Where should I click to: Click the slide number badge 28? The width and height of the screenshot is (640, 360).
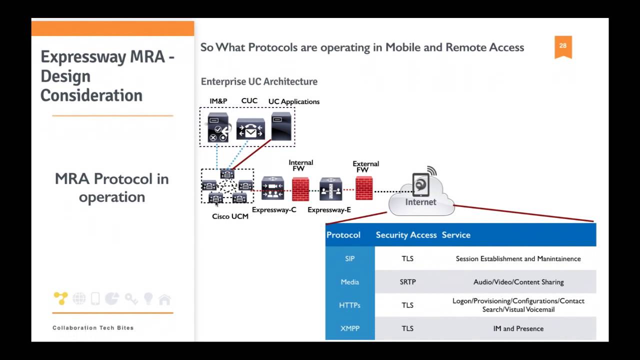click(x=563, y=46)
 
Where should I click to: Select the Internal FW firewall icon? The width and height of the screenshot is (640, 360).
click(x=300, y=189)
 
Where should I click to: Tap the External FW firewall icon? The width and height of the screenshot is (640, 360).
click(x=364, y=188)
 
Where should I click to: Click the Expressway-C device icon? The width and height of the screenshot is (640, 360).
click(x=272, y=188)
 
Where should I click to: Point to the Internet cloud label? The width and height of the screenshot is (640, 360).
click(x=420, y=202)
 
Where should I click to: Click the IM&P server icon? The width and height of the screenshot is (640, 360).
click(x=218, y=128)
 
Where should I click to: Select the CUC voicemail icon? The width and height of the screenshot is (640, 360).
click(x=250, y=129)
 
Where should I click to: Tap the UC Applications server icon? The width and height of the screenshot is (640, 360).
click(x=281, y=126)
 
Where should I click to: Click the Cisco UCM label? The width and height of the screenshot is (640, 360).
click(x=230, y=216)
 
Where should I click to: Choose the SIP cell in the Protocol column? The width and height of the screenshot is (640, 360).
click(x=349, y=258)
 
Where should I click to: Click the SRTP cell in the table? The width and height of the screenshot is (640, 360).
click(x=407, y=282)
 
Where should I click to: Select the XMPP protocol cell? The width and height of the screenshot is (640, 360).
click(x=349, y=328)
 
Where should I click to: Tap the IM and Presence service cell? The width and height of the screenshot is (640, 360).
click(x=518, y=328)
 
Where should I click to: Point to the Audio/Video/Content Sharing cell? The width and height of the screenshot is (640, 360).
click(x=518, y=282)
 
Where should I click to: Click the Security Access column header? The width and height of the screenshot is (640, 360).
click(x=406, y=235)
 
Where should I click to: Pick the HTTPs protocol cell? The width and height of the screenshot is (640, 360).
click(x=349, y=305)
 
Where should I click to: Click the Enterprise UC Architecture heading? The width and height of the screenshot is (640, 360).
click(x=259, y=81)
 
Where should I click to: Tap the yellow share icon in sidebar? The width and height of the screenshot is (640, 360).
click(x=60, y=298)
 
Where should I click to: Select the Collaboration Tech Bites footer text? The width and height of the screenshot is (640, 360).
click(x=93, y=328)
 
